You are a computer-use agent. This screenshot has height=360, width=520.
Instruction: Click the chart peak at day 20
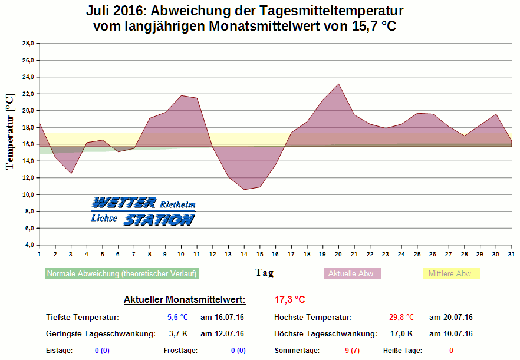pyautogui.click(x=338, y=84)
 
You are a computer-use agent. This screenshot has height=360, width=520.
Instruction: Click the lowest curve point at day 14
pyautogui.click(x=244, y=189)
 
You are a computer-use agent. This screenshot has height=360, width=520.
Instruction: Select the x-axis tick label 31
pyautogui.click(x=511, y=254)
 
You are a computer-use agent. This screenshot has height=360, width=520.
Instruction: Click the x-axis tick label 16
pyautogui.click(x=275, y=254)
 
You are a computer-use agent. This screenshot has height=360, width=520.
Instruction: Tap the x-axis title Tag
pyautogui.click(x=264, y=273)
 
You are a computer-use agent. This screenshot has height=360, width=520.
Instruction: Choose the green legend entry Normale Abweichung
pyautogui.click(x=121, y=273)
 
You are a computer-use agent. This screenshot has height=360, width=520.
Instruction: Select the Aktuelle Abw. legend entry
pyautogui.click(x=353, y=273)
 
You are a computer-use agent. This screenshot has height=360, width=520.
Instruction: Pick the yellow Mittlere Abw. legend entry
pyautogui.click(x=451, y=273)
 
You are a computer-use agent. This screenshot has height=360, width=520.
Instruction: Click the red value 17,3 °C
pyautogui.click(x=289, y=299)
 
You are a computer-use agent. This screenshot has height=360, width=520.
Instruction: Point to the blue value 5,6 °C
pyautogui.click(x=177, y=317)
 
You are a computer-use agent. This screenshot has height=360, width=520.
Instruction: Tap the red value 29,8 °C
pyautogui.click(x=401, y=317)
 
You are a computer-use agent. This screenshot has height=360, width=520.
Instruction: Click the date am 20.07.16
pyautogui.click(x=450, y=317)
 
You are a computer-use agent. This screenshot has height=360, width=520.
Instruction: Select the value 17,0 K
pyautogui.click(x=401, y=333)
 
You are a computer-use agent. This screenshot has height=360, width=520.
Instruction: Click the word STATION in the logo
pyautogui.click(x=159, y=220)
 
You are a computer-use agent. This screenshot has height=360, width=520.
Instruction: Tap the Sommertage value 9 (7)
pyautogui.click(x=351, y=351)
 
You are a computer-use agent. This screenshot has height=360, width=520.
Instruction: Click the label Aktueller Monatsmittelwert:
pyautogui.click(x=185, y=299)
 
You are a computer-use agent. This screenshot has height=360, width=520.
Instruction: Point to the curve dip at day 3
pyautogui.click(x=71, y=173)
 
